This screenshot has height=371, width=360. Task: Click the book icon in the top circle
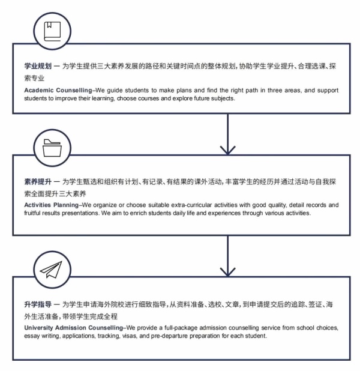click(52, 31)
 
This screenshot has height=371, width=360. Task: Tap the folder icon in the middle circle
click(52, 148)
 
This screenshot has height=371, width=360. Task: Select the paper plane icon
click(51, 270)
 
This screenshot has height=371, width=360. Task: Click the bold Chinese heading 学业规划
click(38, 66)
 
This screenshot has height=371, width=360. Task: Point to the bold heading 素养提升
click(38, 182)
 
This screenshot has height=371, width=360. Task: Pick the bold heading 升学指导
click(38, 304)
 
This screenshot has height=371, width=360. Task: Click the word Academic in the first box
click(39, 90)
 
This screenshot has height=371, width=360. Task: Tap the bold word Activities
click(37, 205)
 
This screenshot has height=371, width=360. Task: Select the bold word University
click(38, 328)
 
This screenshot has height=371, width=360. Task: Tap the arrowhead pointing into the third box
click(227, 272)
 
